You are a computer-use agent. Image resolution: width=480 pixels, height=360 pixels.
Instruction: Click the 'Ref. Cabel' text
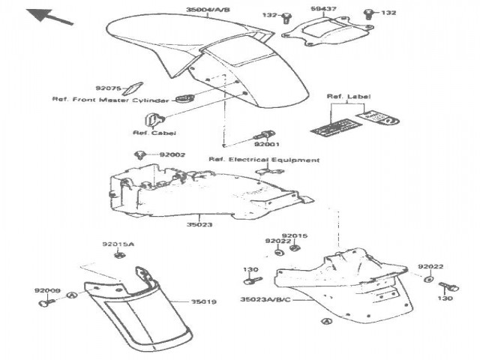coord(148,133)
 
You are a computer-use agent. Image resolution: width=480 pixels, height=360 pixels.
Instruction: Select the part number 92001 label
coord(266,142)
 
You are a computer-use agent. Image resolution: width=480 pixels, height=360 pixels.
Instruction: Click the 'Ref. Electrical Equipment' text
coord(264,160)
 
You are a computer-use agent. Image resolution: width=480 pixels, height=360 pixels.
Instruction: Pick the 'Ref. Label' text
coord(349,97)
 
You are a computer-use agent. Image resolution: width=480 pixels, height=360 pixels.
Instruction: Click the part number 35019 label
coord(203,301)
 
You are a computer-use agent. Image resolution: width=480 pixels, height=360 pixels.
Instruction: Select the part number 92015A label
coord(118,244)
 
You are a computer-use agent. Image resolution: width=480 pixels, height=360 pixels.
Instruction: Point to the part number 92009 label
coord(46,289)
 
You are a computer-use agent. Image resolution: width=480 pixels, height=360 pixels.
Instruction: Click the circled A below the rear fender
coord(325,321)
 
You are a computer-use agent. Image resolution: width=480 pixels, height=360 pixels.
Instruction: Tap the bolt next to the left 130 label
coord(252,282)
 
